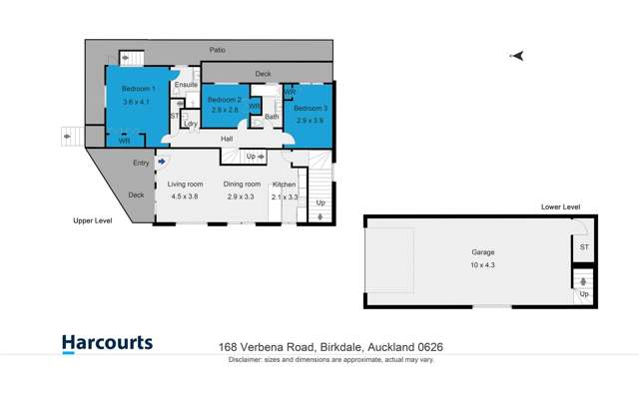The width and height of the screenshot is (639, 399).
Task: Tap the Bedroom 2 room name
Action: pyautogui.click(x=224, y=100)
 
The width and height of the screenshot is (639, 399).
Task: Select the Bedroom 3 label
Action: pyautogui.click(x=310, y=107)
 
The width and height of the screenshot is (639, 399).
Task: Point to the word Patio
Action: pyautogui.click(x=217, y=49)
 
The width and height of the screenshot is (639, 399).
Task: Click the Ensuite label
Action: pyautogui.click(x=186, y=85)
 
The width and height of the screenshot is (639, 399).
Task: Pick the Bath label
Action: pyautogui.click(x=271, y=118)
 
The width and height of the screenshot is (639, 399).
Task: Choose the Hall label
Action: pyautogui.click(x=227, y=139)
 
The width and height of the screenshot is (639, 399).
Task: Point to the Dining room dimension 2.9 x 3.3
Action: pyautogui.click(x=243, y=198)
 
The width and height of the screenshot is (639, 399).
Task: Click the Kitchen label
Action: pyautogui.click(x=286, y=185)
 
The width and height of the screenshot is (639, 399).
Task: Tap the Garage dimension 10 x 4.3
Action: pyautogui.click(x=482, y=265)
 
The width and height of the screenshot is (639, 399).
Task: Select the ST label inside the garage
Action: pyautogui.click(x=583, y=245)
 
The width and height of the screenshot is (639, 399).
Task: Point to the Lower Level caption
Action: pyautogui.click(x=560, y=206)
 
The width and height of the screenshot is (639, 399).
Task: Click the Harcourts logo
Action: pyautogui.click(x=107, y=344)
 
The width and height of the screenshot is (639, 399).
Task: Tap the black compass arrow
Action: pyautogui.click(x=516, y=56)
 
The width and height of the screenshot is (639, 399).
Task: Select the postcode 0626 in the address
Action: pyautogui.click(x=429, y=347)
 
